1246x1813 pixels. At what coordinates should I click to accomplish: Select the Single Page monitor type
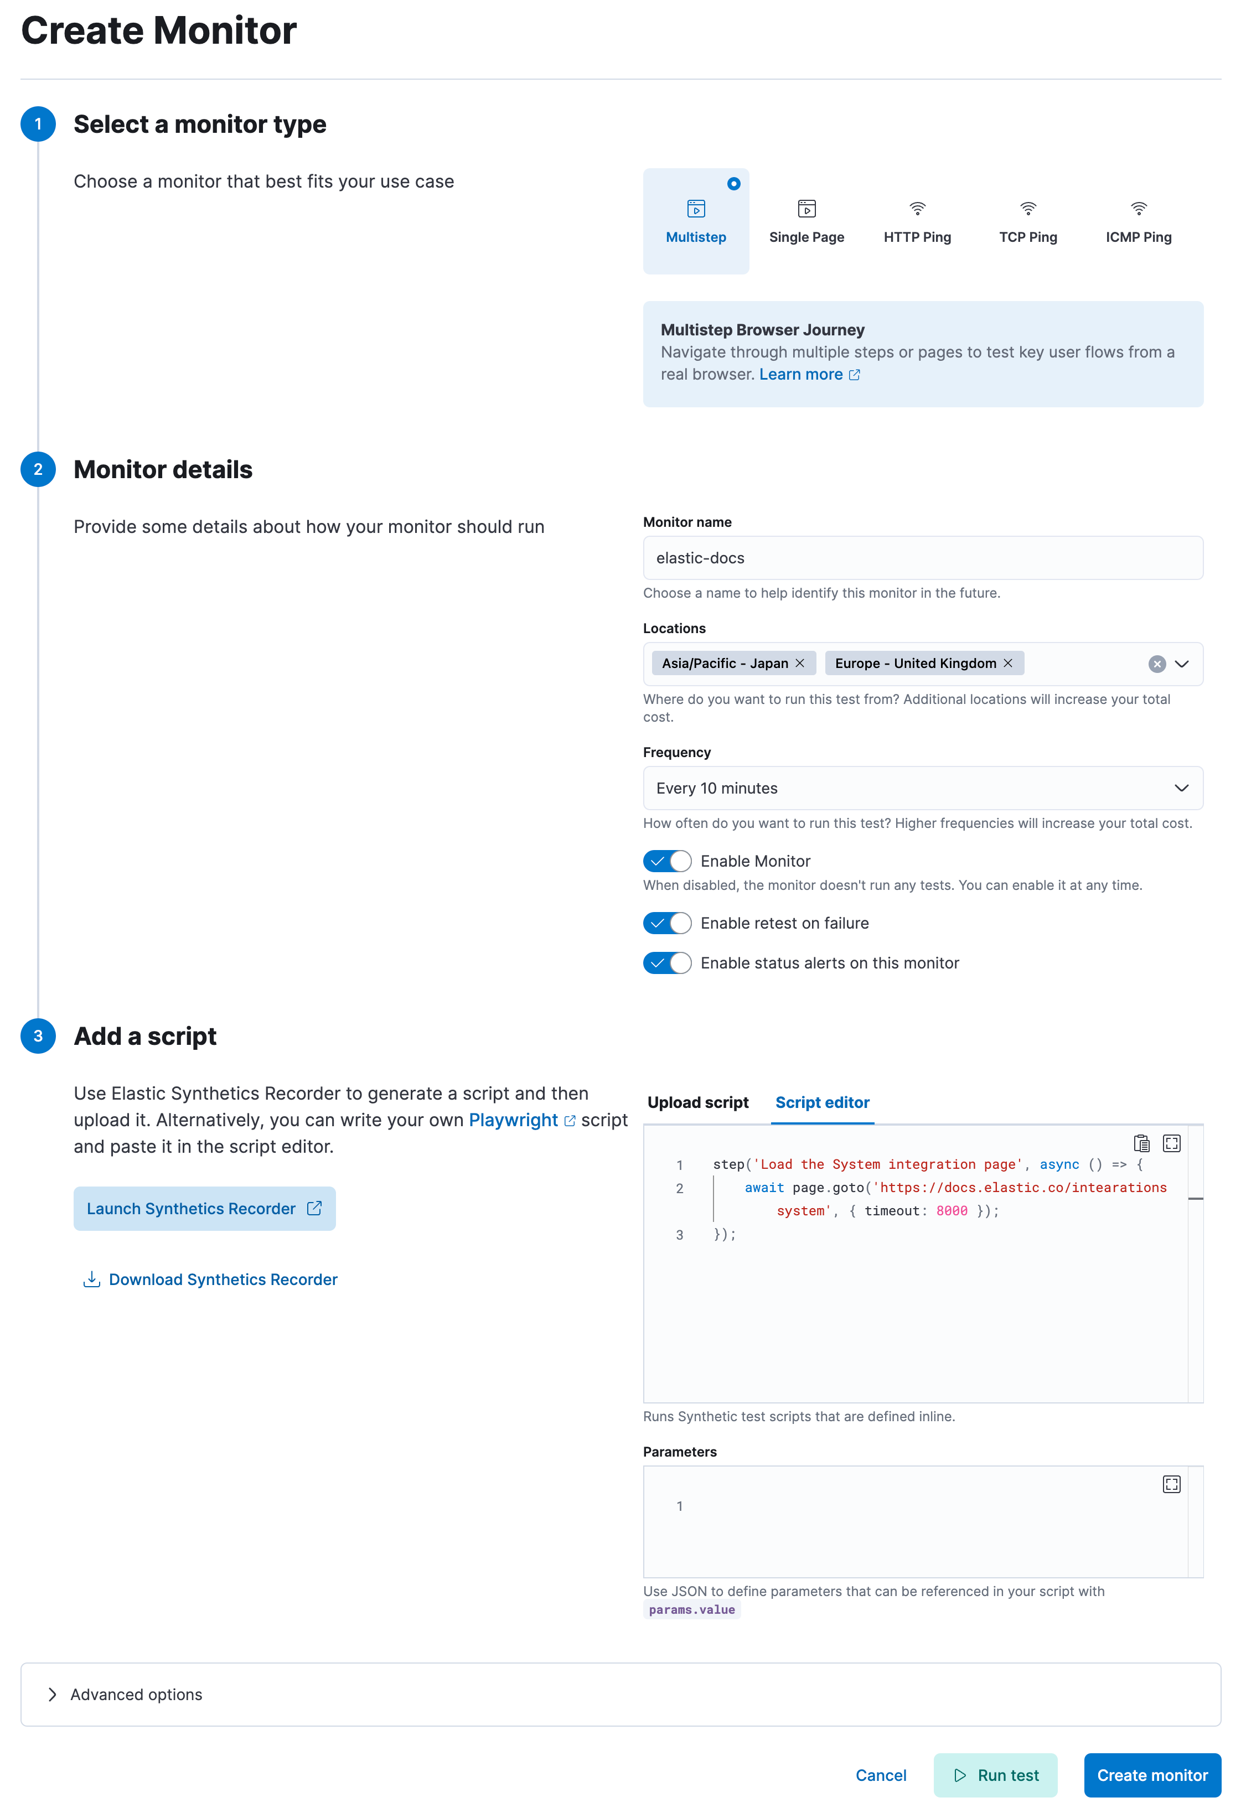coord(806,222)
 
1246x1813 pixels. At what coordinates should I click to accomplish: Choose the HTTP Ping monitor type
coord(917,222)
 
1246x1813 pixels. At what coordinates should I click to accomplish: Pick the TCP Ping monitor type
coord(1028,222)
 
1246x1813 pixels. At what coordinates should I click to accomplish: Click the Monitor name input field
coord(922,558)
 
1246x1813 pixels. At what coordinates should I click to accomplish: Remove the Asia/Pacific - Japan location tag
coord(799,664)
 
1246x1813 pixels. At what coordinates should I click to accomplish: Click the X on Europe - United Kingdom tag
coord(1008,664)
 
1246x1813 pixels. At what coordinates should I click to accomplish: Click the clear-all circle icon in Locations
coord(1157,664)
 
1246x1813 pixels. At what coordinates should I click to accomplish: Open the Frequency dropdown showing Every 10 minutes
coord(922,788)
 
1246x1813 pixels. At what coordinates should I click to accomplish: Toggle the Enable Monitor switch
coord(668,861)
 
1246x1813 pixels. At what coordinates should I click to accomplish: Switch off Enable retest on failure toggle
coord(668,923)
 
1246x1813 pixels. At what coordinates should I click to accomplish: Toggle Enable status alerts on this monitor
coord(668,963)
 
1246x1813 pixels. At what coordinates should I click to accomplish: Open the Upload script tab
coord(698,1103)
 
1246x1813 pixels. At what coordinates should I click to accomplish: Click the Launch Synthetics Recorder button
coord(205,1209)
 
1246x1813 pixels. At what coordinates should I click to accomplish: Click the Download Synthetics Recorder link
coord(223,1280)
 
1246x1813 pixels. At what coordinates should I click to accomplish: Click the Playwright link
coord(514,1121)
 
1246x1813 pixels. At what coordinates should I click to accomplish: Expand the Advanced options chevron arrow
coord(52,1695)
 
